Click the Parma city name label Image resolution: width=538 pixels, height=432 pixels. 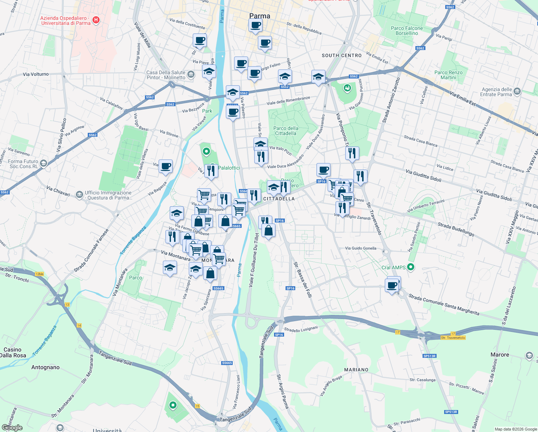tap(260, 16)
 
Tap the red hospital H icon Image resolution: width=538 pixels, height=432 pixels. tap(96, 20)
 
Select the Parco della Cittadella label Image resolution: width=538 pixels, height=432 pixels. tap(286, 131)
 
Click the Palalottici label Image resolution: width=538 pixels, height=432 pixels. tap(229, 168)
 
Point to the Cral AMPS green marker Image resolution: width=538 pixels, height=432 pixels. tap(411, 267)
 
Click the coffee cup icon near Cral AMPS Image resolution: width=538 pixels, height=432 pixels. tap(392, 286)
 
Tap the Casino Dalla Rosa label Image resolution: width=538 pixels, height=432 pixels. tap(13, 352)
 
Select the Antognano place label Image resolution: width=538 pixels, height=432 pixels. tap(45, 367)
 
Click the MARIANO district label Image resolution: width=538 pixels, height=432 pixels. tap(356, 370)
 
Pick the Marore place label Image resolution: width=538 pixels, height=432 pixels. tap(500, 355)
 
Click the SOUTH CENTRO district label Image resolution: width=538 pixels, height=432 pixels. tap(342, 55)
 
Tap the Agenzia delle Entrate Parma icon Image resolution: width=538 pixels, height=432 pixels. tap(517, 91)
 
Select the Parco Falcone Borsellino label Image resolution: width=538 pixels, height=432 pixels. tap(407, 31)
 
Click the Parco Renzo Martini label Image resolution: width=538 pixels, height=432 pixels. tap(448, 75)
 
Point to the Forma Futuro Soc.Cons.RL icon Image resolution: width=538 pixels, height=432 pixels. tap(44, 163)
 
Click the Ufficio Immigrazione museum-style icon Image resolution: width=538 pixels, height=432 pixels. tap(79, 195)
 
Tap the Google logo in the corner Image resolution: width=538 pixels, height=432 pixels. tap(12, 427)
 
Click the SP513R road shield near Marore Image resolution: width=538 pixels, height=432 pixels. tap(429, 356)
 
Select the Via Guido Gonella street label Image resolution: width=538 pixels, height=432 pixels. tap(360, 248)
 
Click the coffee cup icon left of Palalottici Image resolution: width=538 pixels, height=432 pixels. tap(165, 166)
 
